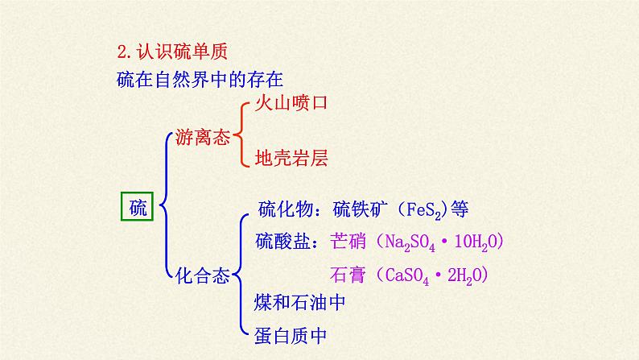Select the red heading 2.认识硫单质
point(172,52)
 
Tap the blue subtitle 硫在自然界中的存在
point(200,79)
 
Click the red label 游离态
point(203,137)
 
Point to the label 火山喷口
point(291,102)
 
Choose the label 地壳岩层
point(291,158)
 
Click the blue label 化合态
point(203,275)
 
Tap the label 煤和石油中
point(299,303)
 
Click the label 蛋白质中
point(291,336)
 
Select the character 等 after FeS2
point(460,209)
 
